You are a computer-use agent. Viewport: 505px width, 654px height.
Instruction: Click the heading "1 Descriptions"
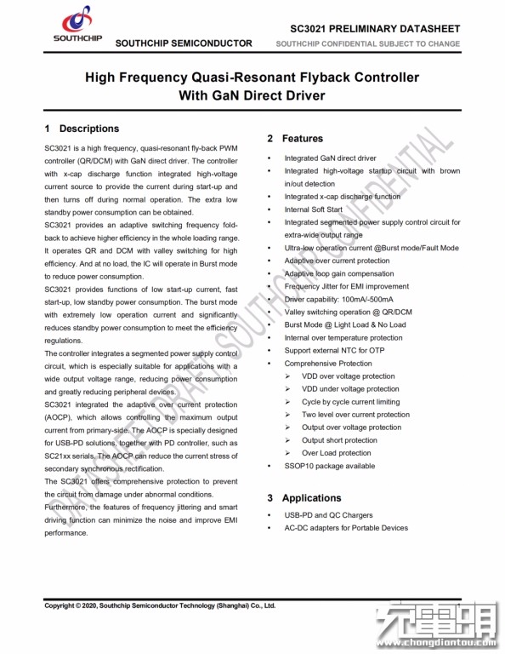pos(82,129)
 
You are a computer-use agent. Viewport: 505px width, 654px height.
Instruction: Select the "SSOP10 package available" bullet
pos(329,466)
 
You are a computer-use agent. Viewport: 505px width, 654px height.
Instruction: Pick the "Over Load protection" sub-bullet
pos(337,453)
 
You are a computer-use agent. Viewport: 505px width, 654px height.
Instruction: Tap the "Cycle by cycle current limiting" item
pos(350,402)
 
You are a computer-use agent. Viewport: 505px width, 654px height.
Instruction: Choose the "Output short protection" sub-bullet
pos(339,440)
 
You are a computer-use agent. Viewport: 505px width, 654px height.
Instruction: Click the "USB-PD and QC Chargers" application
pos(328,515)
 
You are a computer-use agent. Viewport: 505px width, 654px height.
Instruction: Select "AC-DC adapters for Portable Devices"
pos(346,528)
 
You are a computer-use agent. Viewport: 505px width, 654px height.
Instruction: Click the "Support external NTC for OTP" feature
pos(334,350)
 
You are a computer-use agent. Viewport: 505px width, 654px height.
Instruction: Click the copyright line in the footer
pos(160,605)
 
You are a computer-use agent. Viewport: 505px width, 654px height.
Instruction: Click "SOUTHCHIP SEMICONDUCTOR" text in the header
pos(183,43)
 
